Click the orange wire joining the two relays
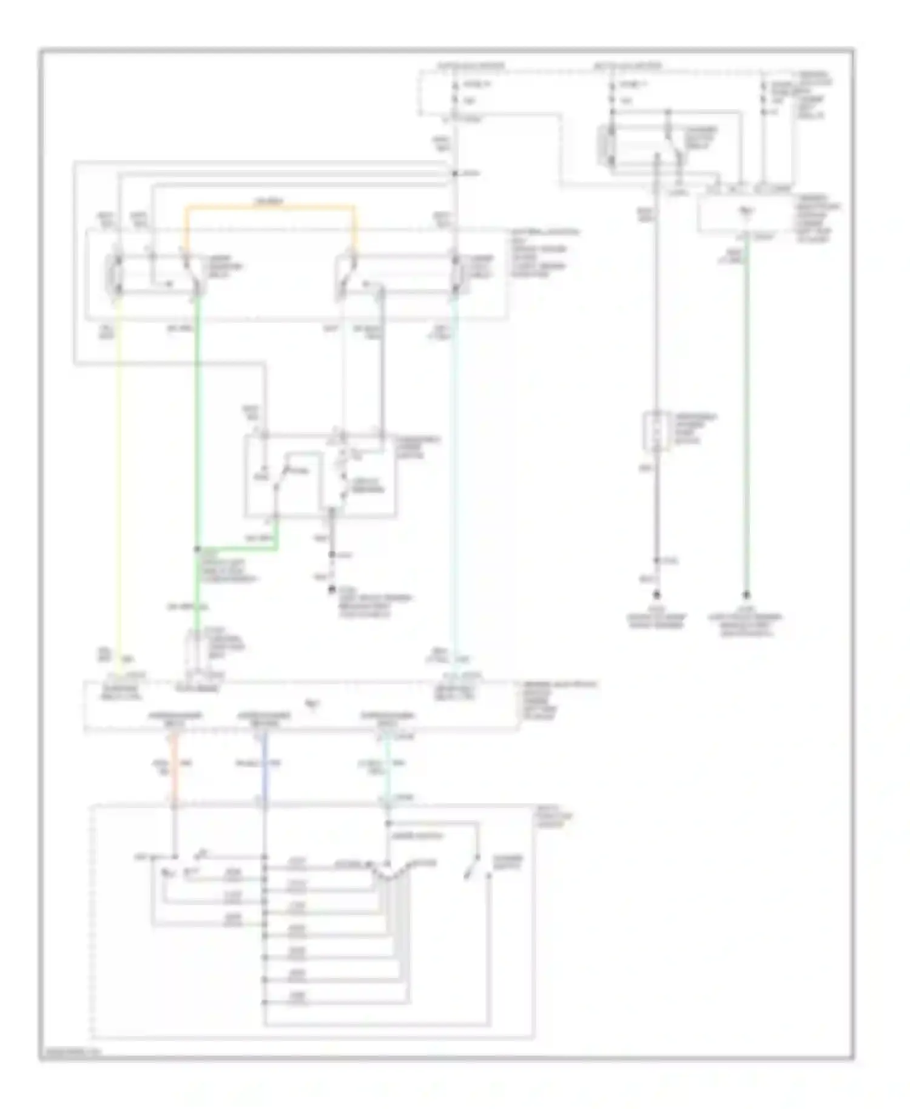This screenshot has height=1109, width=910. click(x=270, y=207)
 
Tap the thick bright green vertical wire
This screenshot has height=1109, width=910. click(x=197, y=425)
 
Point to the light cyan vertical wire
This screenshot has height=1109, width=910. click(x=455, y=485)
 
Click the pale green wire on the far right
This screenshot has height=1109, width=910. click(x=746, y=425)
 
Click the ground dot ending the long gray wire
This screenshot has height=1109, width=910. click(x=656, y=595)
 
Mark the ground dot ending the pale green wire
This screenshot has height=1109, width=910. click(x=746, y=595)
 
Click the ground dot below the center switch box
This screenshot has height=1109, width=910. click(x=332, y=588)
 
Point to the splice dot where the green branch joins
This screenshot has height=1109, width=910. click(x=197, y=549)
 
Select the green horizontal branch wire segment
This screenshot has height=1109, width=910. click(x=237, y=549)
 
